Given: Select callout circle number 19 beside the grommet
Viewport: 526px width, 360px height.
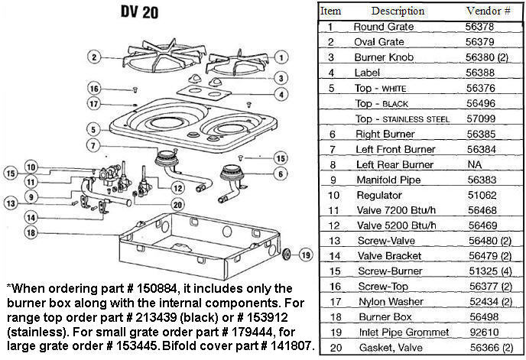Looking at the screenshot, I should (x=304, y=255).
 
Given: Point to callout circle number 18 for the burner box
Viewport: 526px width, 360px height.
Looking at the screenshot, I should (x=31, y=232).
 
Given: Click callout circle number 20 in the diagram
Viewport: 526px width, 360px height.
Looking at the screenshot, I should (x=177, y=204).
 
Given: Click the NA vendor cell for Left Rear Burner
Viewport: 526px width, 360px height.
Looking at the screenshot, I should (x=472, y=164).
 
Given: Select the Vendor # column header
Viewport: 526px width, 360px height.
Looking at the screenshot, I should (x=482, y=11).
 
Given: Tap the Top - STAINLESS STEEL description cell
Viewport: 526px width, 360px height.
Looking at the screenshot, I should (x=401, y=118).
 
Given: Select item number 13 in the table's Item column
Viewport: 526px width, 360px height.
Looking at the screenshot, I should (x=330, y=241).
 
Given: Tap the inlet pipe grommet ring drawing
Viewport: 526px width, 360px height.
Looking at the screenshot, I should (x=287, y=254).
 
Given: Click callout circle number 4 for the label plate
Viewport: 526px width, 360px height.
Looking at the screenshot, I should (x=281, y=94).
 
